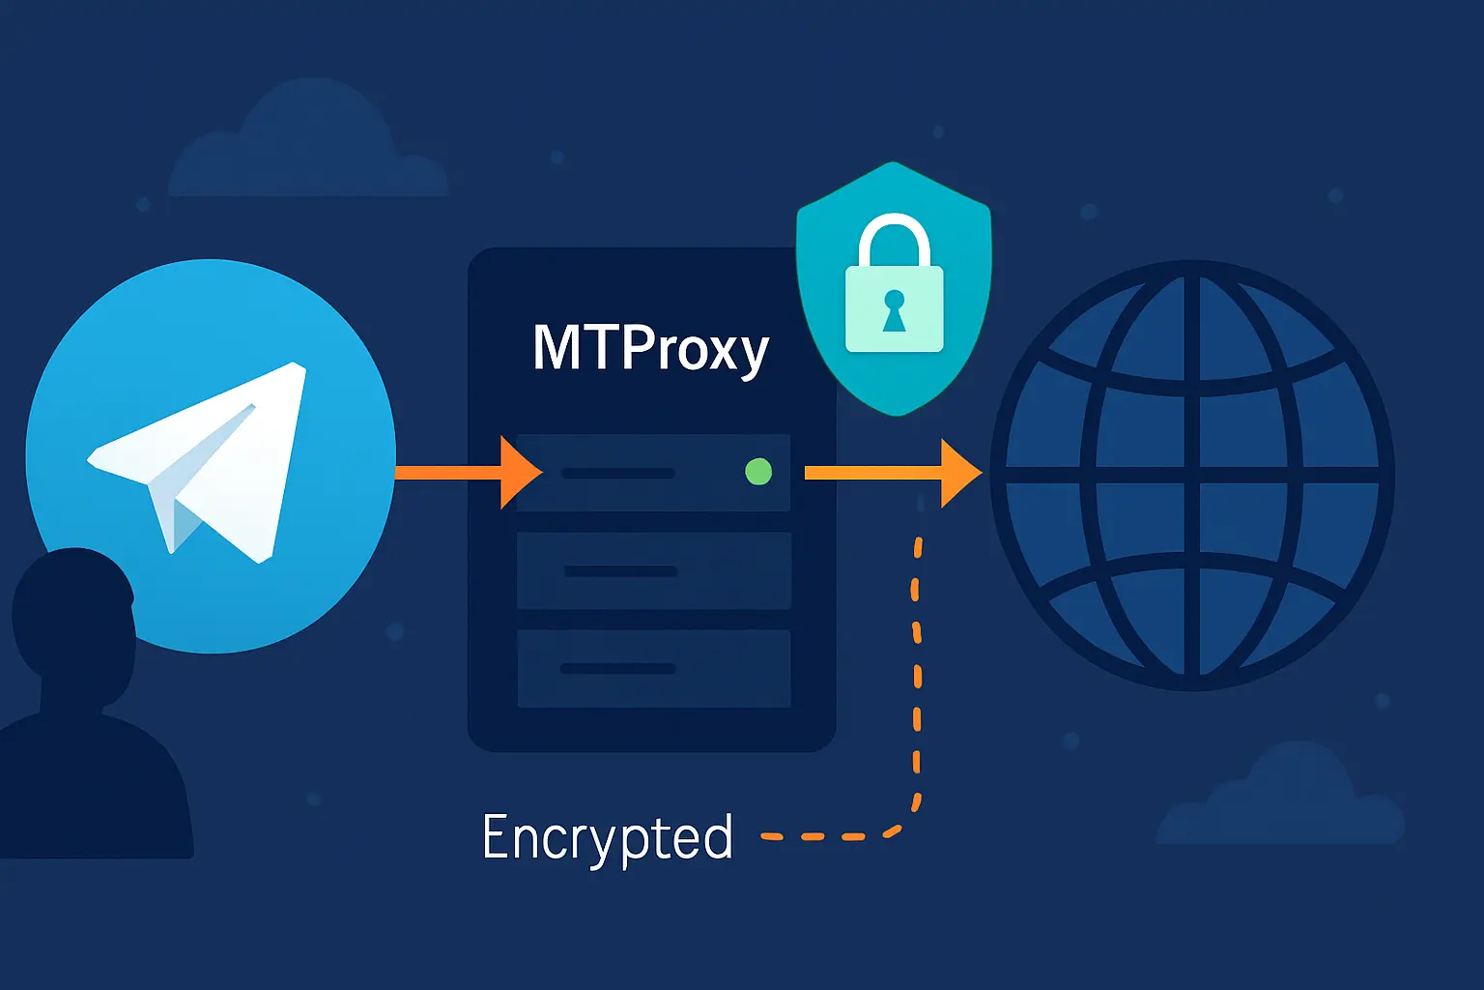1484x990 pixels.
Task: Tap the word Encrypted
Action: pos(607,837)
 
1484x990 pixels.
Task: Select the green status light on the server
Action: pos(758,472)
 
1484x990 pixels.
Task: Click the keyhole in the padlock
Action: pos(894,310)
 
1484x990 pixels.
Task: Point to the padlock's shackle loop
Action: pos(894,242)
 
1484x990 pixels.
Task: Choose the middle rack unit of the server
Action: pos(654,570)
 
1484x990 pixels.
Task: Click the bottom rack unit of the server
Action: pos(654,668)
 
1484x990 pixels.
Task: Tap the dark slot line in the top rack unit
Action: pos(618,473)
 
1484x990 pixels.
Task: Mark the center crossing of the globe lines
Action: pos(1191,474)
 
